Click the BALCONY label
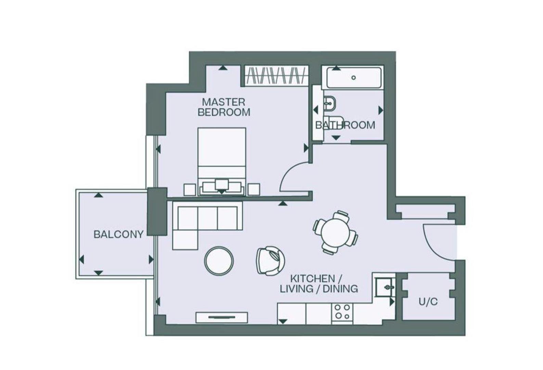[x=118, y=235]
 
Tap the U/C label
[x=428, y=302]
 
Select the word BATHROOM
[x=345, y=125]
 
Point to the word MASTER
[x=223, y=102]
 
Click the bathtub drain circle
[x=354, y=78]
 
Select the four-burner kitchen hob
[x=342, y=312]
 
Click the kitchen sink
[x=385, y=287]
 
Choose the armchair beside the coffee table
[x=270, y=261]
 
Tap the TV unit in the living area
[x=222, y=318]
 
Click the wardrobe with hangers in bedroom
[x=276, y=75]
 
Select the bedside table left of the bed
[x=190, y=189]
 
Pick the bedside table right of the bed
[x=254, y=189]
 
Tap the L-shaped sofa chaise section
[x=185, y=240]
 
